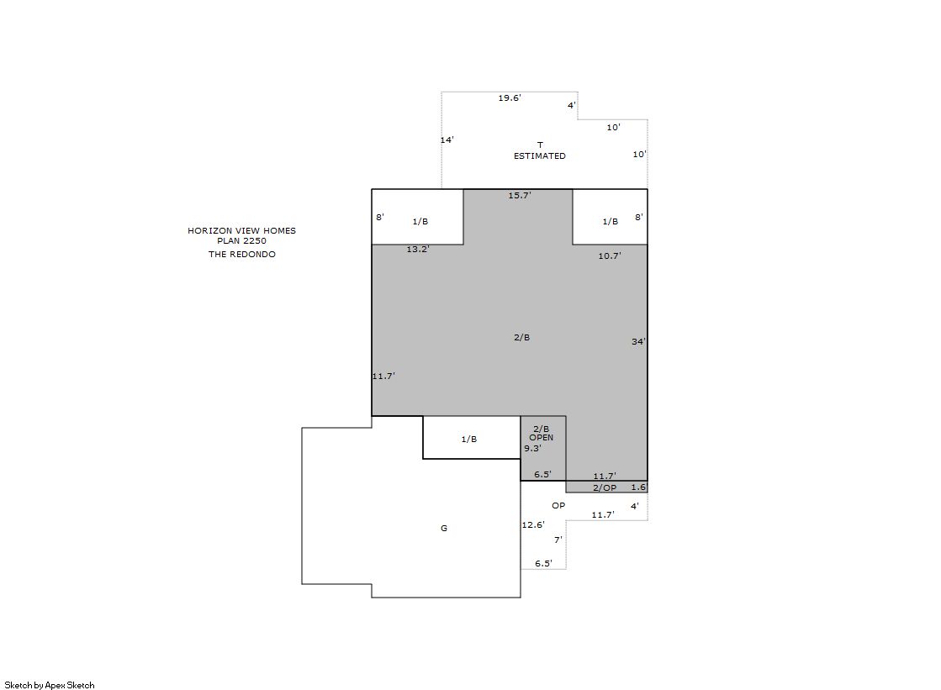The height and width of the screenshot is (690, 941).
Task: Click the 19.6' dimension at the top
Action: [x=510, y=97]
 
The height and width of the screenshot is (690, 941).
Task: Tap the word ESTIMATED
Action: [x=540, y=156]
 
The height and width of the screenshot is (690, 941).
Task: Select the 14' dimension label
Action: [x=447, y=140]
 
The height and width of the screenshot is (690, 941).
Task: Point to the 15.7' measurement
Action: [x=520, y=195]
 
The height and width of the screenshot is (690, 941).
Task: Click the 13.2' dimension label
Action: [x=418, y=249]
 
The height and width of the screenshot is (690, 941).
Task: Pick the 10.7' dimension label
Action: [x=610, y=255]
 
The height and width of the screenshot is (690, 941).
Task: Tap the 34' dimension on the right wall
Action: [x=638, y=341]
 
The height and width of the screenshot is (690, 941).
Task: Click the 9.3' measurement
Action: [x=533, y=448]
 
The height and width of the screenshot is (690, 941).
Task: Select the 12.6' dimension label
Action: [x=533, y=524]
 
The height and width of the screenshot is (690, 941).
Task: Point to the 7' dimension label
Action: [x=558, y=540]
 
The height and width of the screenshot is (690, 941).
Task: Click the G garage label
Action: [x=444, y=528]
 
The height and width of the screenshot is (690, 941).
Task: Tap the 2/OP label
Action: [x=605, y=487]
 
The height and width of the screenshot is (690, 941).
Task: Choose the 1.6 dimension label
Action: [x=638, y=487]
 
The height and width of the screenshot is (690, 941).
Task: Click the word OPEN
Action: [x=542, y=437]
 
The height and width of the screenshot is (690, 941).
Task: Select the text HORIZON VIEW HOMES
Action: [x=242, y=230]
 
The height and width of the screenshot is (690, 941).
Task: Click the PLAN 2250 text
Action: [x=242, y=240]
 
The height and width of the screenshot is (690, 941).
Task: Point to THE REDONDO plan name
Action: [x=242, y=255]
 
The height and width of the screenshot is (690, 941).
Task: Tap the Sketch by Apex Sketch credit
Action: [x=50, y=685]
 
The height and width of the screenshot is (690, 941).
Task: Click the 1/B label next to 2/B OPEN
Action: [x=469, y=440]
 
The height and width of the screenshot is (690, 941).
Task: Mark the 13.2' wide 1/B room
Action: [x=418, y=217]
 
